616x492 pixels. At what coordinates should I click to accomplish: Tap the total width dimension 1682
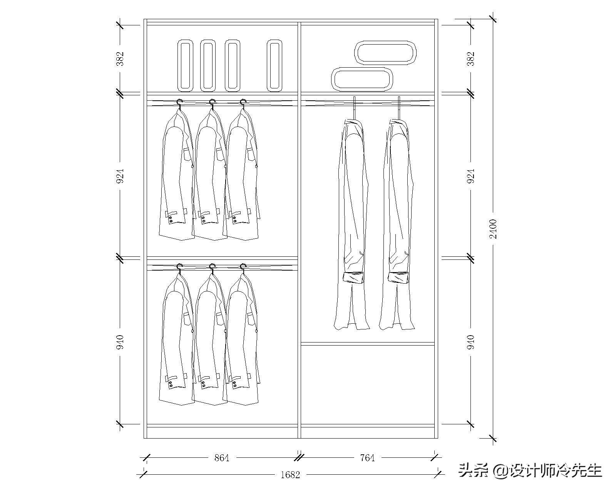tap(290, 475)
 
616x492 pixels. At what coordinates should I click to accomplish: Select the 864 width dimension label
tap(222, 458)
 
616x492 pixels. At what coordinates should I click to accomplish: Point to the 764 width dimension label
tap(367, 458)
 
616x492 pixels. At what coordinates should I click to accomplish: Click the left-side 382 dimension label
tap(120, 58)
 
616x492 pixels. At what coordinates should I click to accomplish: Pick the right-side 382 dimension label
tap(471, 58)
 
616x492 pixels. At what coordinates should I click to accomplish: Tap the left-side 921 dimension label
tap(120, 176)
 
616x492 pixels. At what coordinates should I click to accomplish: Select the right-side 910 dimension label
tap(471, 342)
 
